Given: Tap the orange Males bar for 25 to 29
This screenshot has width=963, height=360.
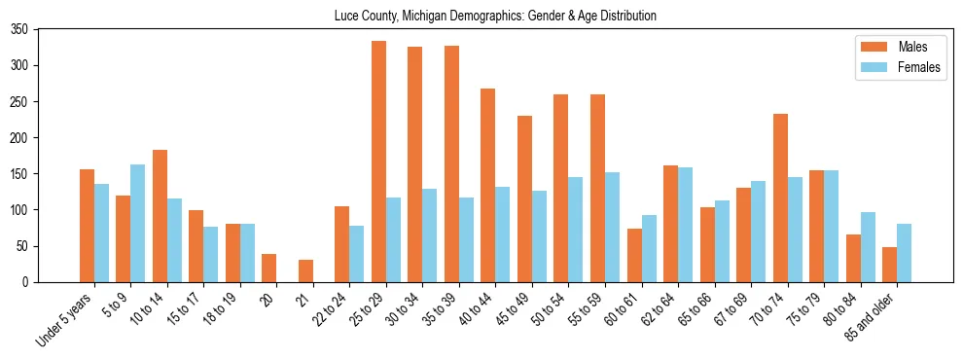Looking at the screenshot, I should click(x=378, y=162).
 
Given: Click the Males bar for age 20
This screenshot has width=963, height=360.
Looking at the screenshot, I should click(x=268, y=268).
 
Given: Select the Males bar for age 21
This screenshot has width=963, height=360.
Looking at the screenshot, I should click(x=305, y=270).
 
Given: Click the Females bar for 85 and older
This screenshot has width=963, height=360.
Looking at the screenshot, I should click(x=904, y=253).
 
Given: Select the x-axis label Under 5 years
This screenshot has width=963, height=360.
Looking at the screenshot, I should click(x=66, y=318).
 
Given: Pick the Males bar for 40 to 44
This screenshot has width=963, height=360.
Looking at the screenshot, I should click(x=488, y=185).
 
